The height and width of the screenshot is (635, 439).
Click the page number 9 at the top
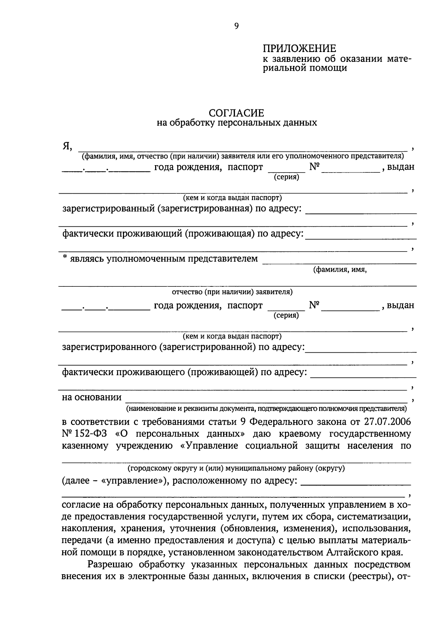[x=236, y=26]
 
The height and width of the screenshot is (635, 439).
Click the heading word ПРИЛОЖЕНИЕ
[x=299, y=48]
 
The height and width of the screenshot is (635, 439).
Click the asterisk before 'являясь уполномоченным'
[x=65, y=258]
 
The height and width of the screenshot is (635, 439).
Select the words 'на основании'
[x=92, y=398]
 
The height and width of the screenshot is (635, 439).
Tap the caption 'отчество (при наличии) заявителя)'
[x=232, y=292]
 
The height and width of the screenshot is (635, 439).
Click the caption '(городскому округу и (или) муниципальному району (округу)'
[x=236, y=468]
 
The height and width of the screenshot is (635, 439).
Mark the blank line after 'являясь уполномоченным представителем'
[x=339, y=262]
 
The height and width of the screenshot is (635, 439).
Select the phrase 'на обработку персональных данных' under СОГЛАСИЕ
[x=237, y=123]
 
